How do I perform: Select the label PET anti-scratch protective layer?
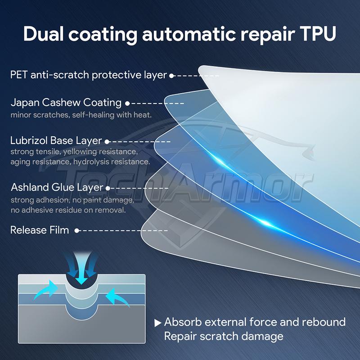pyautogui.click(x=89, y=75)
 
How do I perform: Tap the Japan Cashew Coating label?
pyautogui.click(x=66, y=103)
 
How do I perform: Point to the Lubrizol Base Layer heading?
pyautogui.click(x=56, y=141)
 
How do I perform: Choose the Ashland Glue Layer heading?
pyautogui.click(x=57, y=188)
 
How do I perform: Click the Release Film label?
pyautogui.click(x=40, y=230)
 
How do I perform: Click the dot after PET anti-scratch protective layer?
pyautogui.click(x=171, y=76)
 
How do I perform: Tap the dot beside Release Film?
pyautogui.click(x=76, y=230)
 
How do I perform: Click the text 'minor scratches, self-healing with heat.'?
pyautogui.click(x=81, y=115)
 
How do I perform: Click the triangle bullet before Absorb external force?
pyautogui.click(x=157, y=323)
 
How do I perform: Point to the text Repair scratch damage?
pyautogui.click(x=224, y=336)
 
